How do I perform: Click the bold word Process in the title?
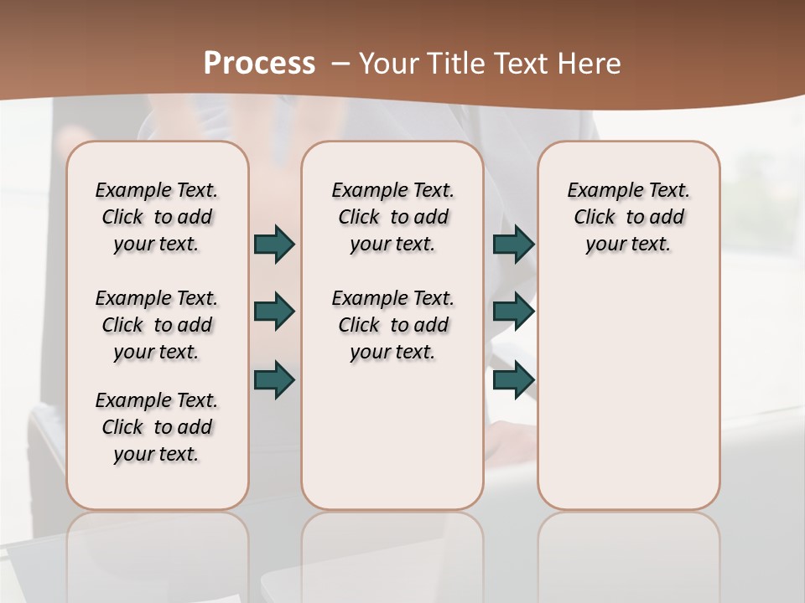[x=259, y=63]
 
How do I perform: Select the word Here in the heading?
[x=591, y=63]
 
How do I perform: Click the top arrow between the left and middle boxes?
[x=274, y=245]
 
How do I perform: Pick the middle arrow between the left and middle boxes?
[x=274, y=312]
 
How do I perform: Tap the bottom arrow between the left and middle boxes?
[x=274, y=379]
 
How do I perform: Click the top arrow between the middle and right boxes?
[x=513, y=245]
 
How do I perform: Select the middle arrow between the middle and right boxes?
[x=513, y=312]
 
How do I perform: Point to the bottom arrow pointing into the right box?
[x=513, y=379]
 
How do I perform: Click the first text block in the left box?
[x=157, y=217]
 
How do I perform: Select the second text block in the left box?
[x=157, y=325]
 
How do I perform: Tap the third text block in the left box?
[x=157, y=427]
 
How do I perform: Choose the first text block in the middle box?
[x=392, y=217]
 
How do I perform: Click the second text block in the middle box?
[x=392, y=325]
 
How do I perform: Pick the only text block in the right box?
[x=628, y=217]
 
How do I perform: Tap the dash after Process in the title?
[x=341, y=63]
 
